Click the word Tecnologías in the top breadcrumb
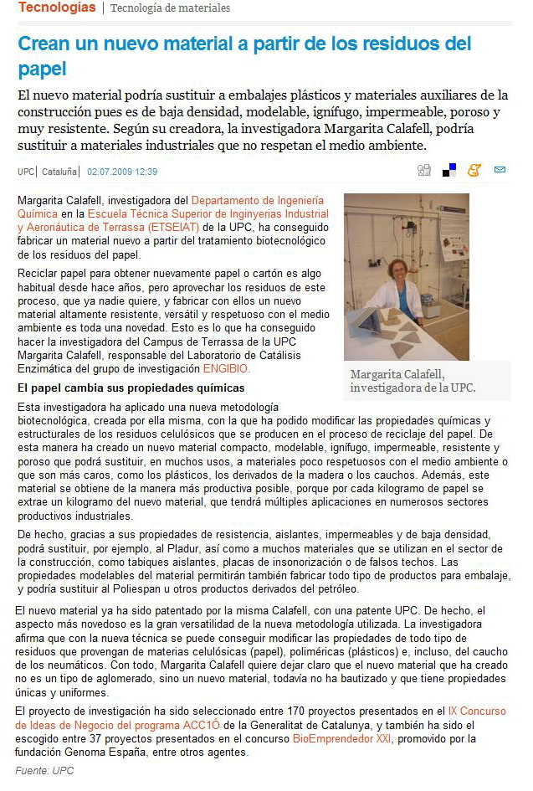[x=57, y=8]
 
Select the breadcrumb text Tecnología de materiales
[x=170, y=8]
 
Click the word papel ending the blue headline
[x=41, y=69]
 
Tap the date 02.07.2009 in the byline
[x=122, y=172]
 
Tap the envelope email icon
[x=500, y=171]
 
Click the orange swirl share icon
[x=474, y=171]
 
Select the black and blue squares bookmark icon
[x=449, y=171]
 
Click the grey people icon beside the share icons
[x=424, y=171]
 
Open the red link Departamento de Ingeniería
[x=257, y=200]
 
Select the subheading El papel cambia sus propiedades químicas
[x=131, y=388]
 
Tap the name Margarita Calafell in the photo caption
[x=397, y=374]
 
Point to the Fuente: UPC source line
[x=44, y=770]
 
